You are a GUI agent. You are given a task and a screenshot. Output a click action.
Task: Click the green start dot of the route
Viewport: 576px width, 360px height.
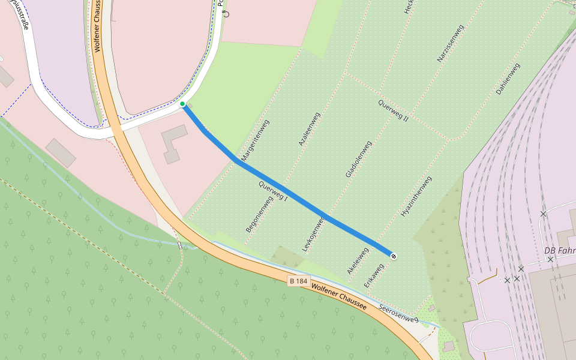[182, 104]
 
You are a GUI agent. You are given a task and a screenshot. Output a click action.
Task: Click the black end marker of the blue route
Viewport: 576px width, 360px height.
[394, 256]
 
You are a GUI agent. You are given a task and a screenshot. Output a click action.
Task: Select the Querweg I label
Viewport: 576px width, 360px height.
[274, 190]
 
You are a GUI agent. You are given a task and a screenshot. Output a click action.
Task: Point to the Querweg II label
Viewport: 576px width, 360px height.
[393, 111]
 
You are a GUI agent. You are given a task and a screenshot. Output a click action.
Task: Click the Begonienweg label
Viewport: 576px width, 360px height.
[259, 214]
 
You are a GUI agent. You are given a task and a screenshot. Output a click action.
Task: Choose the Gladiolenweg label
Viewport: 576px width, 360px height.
[359, 159]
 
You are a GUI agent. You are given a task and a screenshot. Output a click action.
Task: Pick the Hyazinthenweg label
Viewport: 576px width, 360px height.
[416, 196]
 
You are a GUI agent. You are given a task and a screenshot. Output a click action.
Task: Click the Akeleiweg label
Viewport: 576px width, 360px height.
[358, 261]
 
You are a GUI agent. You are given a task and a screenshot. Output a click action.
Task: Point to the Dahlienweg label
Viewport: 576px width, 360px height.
[508, 79]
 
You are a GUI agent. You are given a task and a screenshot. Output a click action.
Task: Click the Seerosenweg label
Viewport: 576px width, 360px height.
[398, 313]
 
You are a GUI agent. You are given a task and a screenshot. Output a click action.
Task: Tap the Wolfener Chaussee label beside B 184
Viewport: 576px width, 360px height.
[339, 296]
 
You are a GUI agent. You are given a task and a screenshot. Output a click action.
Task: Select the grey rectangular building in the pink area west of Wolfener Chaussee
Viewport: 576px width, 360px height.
[61, 153]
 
